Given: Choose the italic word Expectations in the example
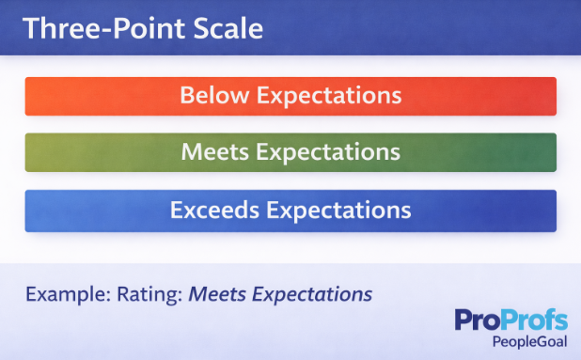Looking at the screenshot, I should coord(312,294).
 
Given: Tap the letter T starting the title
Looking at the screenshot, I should coord(31,28).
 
